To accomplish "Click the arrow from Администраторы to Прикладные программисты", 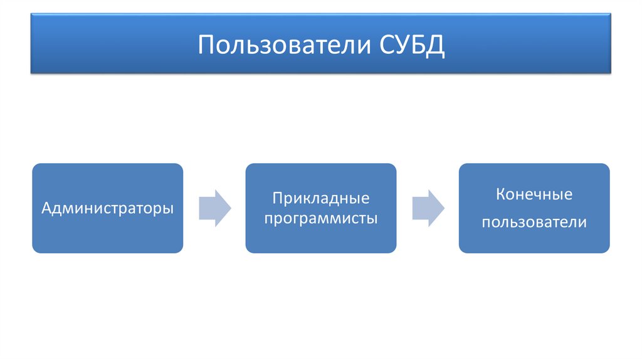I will point(214,208).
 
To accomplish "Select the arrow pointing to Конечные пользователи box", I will point(428,208).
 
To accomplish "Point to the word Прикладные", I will point(320,199).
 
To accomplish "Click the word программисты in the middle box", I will point(320,220).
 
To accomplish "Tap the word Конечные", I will point(534,194).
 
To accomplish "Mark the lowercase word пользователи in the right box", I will point(534,222).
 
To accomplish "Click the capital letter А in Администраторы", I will point(46,208).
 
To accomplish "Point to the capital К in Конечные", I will point(500,194).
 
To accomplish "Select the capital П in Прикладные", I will point(276,199).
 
